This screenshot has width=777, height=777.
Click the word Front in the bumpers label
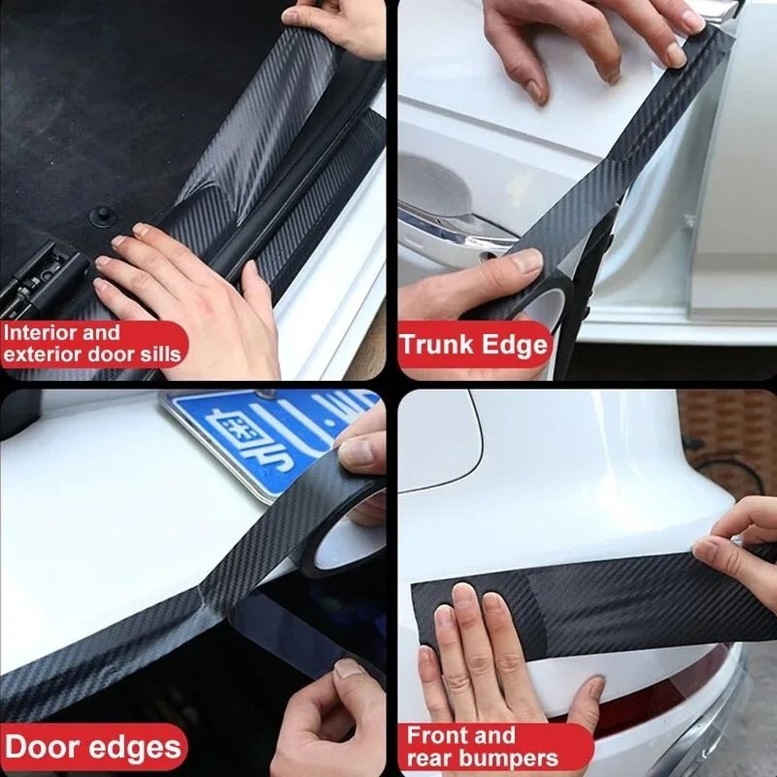[440, 735]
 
